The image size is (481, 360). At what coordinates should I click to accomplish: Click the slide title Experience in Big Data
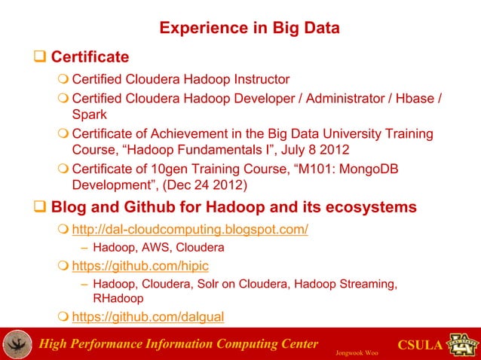click(249, 29)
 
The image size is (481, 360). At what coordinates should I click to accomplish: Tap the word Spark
click(89, 116)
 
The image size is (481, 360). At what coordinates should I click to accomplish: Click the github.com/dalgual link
click(148, 317)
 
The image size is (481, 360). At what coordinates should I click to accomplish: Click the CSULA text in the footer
click(418, 346)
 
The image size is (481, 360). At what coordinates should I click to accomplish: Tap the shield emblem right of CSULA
click(461, 343)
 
